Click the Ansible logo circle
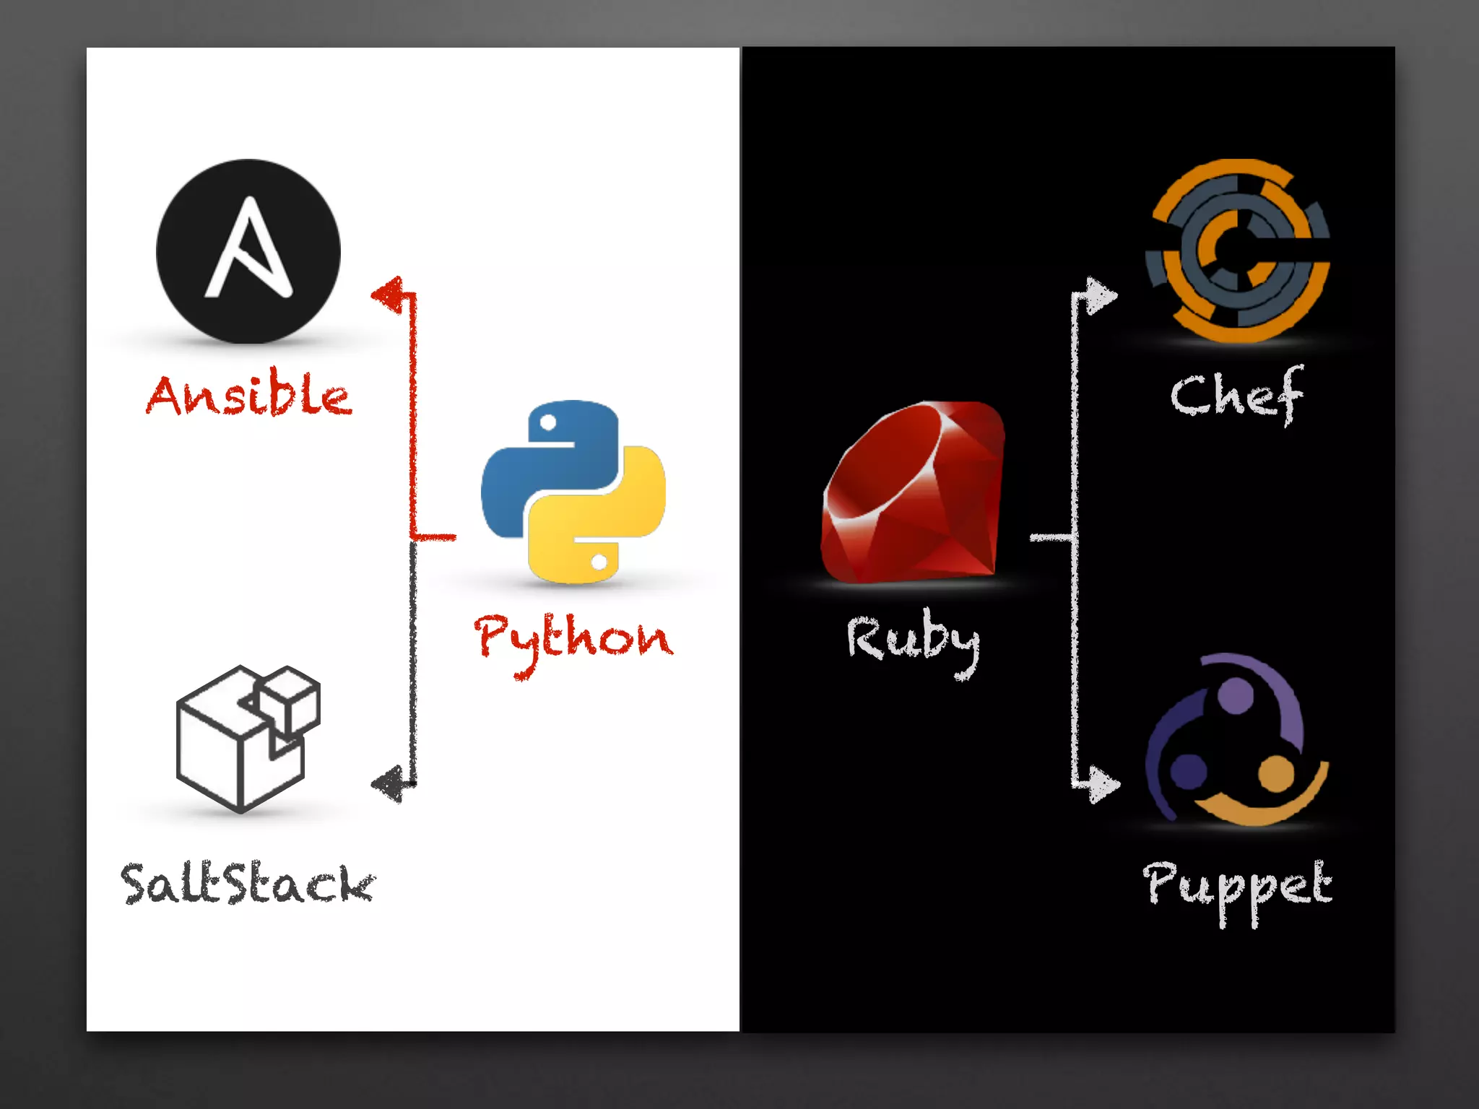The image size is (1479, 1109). [x=248, y=251]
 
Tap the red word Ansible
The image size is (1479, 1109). [x=249, y=396]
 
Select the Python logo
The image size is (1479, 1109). [x=573, y=492]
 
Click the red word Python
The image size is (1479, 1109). [x=573, y=639]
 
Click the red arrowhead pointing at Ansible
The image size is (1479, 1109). [x=389, y=295]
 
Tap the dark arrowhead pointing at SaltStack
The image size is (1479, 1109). [x=389, y=784]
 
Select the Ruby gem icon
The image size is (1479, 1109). [x=914, y=493]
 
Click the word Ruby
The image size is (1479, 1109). [x=914, y=639]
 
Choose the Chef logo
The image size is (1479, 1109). [x=1237, y=251]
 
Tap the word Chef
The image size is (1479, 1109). [x=1237, y=395]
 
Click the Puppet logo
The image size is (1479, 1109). [x=1237, y=740]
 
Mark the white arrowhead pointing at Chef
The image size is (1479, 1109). [x=1101, y=295]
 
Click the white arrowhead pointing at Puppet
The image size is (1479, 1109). [x=1103, y=784]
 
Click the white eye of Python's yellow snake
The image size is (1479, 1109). [x=599, y=561]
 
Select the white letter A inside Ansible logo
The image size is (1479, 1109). [x=248, y=249]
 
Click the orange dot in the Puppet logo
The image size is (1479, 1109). [x=1277, y=773]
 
